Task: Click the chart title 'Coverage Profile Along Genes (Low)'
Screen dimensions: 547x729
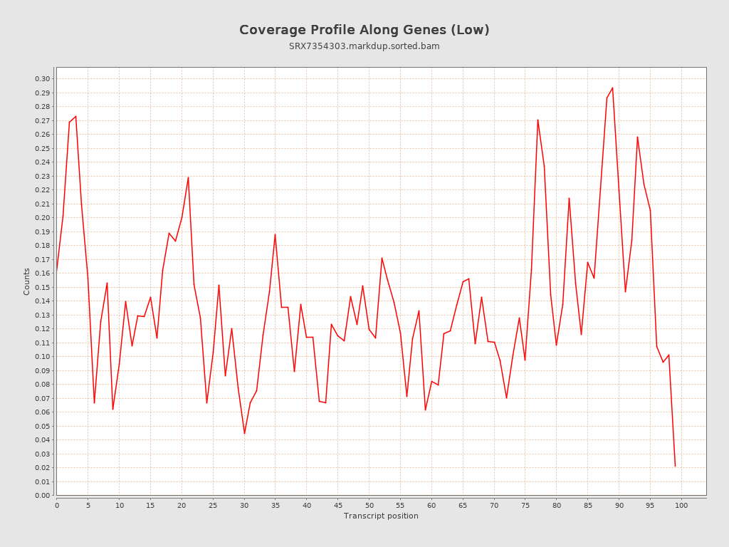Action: click(364, 30)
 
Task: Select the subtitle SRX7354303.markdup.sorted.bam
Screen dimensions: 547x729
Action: click(364, 46)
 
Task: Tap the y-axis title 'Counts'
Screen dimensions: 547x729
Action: click(27, 281)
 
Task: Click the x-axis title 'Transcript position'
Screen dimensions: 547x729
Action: click(381, 516)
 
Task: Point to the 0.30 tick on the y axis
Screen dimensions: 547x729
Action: click(43, 79)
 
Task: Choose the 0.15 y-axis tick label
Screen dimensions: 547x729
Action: click(43, 288)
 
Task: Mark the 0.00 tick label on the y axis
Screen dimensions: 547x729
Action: click(43, 496)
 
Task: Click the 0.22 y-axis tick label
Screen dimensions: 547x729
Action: click(43, 190)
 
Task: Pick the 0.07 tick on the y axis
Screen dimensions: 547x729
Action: click(43, 399)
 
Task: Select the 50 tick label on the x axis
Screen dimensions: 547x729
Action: click(369, 505)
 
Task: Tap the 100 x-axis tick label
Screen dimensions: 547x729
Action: click(681, 505)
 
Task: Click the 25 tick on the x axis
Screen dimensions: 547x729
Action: click(213, 505)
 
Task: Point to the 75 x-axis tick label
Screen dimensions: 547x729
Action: click(525, 505)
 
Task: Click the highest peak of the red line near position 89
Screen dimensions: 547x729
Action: click(612, 88)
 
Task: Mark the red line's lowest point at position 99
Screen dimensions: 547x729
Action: click(675, 467)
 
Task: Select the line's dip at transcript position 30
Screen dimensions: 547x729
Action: click(244, 433)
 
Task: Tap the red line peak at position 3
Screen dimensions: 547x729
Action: click(75, 116)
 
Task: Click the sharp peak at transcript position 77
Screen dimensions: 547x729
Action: click(537, 120)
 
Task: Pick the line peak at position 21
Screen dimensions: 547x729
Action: click(188, 177)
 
